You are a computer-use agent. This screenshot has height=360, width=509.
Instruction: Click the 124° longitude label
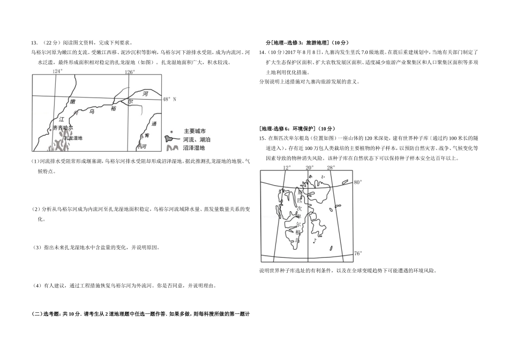(57, 71)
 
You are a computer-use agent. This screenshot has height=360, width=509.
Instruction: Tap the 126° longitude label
(130, 72)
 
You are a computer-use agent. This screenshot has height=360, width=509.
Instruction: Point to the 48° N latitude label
(169, 99)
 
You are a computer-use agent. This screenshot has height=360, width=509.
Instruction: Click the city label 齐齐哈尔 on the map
(63, 128)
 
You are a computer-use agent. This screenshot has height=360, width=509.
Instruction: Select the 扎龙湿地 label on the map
(73, 138)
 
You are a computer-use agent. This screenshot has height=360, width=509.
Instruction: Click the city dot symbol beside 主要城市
(172, 131)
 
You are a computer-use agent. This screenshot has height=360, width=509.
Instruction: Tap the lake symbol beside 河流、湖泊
(169, 139)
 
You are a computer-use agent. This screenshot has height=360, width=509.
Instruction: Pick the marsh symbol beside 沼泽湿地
(172, 148)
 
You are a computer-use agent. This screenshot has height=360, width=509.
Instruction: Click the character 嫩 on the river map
(73, 102)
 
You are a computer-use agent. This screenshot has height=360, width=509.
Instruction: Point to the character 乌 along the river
(92, 111)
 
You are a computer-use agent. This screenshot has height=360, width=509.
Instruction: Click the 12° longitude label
(287, 168)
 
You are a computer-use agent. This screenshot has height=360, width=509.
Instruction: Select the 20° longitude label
(309, 168)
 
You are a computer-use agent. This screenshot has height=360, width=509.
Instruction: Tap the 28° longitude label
(331, 168)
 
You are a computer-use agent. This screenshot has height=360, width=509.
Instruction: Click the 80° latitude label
(358, 182)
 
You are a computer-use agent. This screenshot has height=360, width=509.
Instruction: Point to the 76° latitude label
(358, 253)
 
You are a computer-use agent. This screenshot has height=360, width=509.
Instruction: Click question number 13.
(34, 43)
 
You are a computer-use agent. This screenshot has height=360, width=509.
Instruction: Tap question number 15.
(263, 139)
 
